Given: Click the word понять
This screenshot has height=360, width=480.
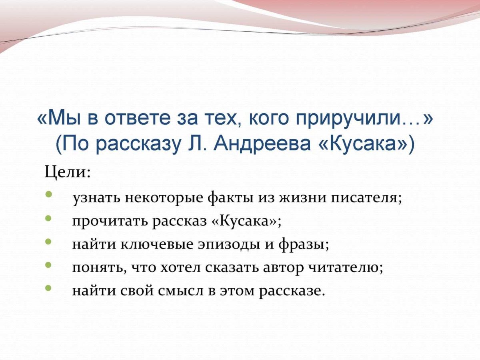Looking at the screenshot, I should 96,267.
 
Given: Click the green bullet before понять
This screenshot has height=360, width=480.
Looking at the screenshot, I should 48,264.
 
